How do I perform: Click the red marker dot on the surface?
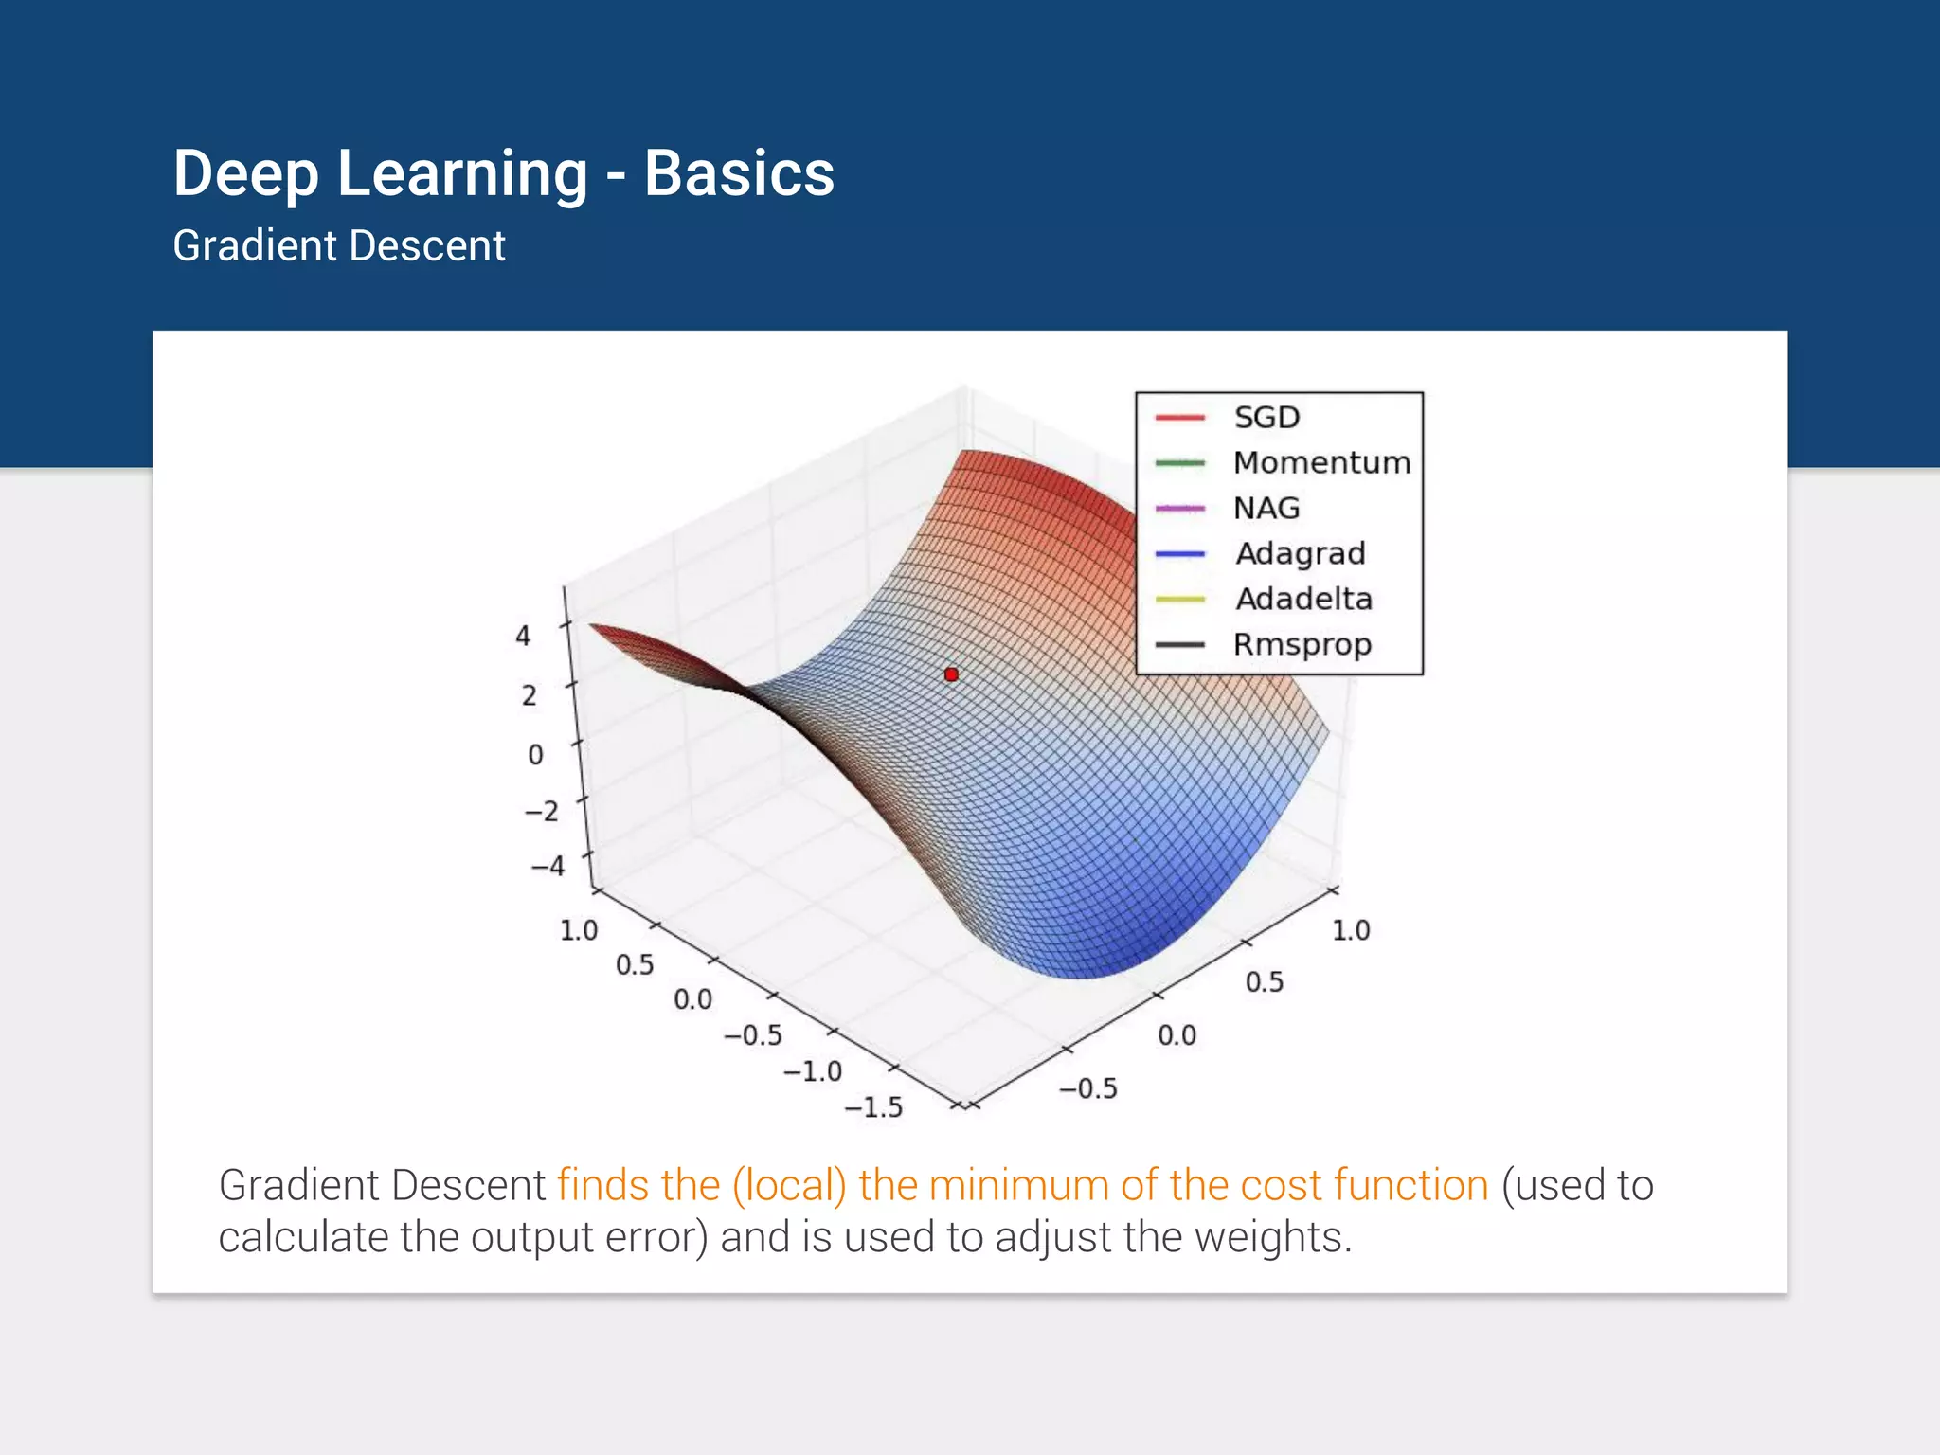pos(951,674)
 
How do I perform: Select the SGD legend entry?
pos(1266,418)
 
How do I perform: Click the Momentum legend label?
pos(1321,463)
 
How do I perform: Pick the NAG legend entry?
pos(1266,509)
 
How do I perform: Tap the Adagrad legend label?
pos(1301,553)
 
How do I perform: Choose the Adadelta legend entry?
pos(1303,599)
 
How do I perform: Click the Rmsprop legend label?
pos(1302,645)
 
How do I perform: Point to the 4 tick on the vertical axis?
pos(523,636)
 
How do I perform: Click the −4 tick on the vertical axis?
pos(548,866)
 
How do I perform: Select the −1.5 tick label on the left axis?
pos(873,1107)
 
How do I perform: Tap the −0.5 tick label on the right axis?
pos(1088,1089)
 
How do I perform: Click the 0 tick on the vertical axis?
pos(536,755)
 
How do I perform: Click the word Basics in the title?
pos(739,174)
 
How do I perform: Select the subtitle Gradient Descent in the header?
pos(339,246)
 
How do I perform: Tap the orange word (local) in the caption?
pos(789,1186)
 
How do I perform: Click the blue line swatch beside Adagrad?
pos(1179,554)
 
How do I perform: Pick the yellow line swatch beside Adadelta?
pos(1179,600)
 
